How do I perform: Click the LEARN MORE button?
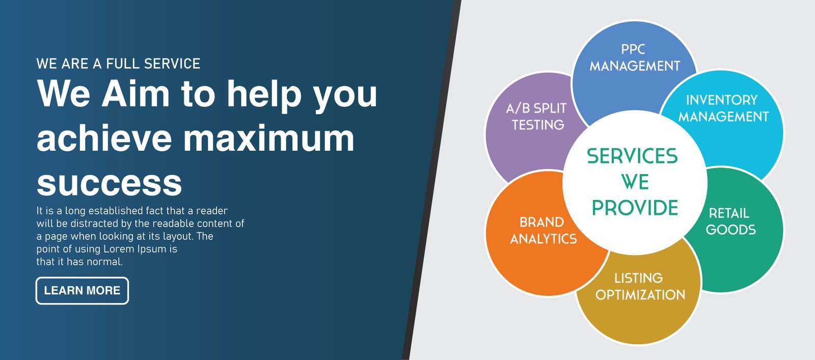coord(82,291)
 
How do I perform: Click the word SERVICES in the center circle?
coord(632,156)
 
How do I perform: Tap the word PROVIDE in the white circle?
coord(635,208)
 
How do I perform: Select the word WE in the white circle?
coord(635,182)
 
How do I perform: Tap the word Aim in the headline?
coord(135,94)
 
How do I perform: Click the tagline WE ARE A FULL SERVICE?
coord(118,64)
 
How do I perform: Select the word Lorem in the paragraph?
coord(119,249)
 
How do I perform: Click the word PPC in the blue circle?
coord(633,49)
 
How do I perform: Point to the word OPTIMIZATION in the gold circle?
coord(640,295)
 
